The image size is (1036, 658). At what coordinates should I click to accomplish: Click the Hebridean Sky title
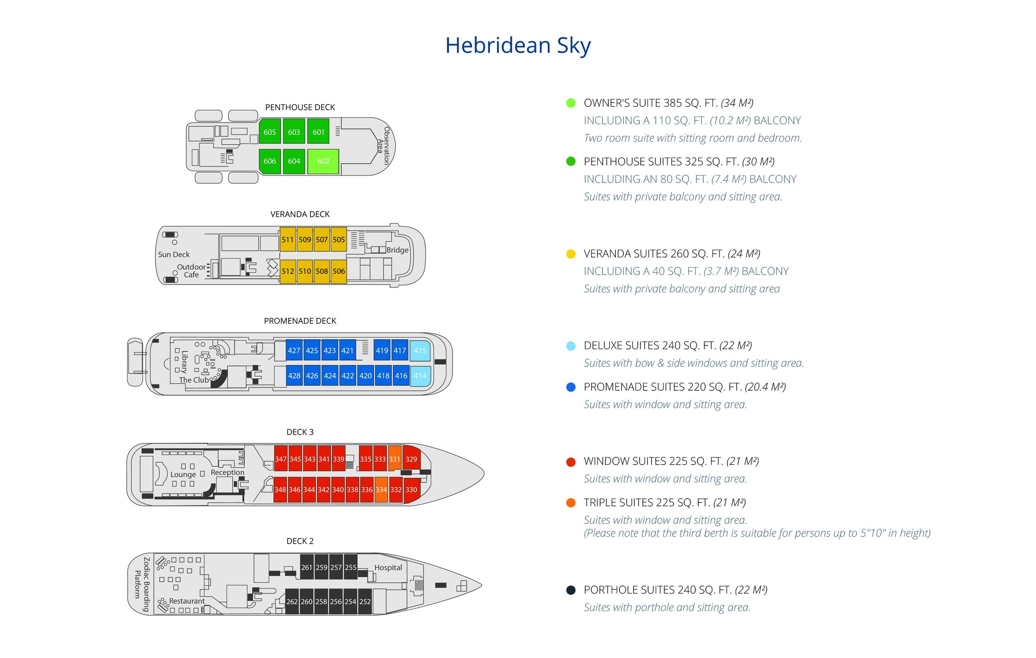(518, 46)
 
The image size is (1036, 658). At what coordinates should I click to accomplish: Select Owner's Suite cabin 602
(323, 161)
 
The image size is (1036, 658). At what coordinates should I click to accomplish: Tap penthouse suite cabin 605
(270, 132)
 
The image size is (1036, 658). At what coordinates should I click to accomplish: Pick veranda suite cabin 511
(287, 239)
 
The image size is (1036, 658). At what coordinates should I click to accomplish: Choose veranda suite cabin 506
(339, 271)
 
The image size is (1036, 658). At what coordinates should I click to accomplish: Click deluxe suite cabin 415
(420, 350)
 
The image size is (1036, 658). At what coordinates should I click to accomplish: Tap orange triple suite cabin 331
(395, 459)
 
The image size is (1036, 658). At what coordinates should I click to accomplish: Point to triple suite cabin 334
(381, 489)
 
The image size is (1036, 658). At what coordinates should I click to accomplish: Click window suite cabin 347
(281, 459)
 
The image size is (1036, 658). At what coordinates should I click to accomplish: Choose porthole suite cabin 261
(307, 567)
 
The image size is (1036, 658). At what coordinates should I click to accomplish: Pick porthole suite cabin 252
(365, 601)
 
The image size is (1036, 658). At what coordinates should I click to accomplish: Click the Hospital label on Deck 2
(388, 568)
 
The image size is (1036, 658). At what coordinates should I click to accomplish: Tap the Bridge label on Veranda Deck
(397, 250)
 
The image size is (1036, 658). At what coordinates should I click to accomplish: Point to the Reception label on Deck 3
(228, 472)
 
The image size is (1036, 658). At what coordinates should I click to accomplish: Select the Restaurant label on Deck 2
(187, 601)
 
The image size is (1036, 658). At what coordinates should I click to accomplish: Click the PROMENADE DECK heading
(300, 321)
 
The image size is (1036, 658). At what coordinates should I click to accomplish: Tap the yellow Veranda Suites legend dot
(571, 254)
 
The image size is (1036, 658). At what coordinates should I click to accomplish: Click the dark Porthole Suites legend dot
(571, 590)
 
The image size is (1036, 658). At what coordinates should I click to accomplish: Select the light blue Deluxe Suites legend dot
(571, 345)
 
